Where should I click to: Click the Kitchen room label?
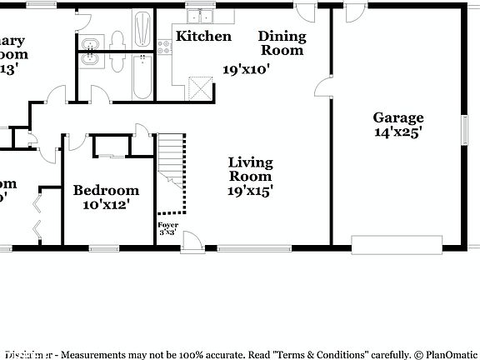point(203,36)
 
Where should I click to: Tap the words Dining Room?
point(282,43)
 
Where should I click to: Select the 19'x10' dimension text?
point(246,70)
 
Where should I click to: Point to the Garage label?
point(397,117)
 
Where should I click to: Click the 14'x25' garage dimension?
point(397,132)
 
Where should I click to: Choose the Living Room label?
point(251,169)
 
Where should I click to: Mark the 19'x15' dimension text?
point(251,190)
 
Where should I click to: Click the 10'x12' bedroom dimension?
point(106,204)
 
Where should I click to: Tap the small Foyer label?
point(167,225)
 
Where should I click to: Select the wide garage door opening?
point(397,244)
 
